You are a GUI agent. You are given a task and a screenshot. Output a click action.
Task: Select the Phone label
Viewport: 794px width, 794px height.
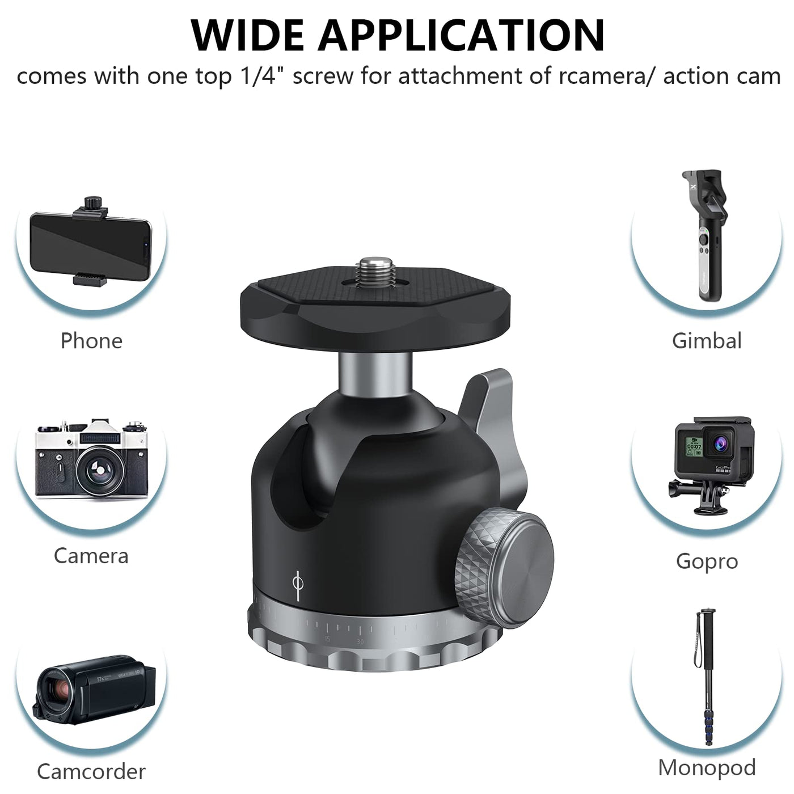pos(91,341)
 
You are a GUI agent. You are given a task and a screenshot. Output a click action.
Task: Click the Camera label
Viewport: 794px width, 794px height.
pos(91,556)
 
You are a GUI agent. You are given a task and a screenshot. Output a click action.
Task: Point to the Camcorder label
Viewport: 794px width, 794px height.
pos(91,771)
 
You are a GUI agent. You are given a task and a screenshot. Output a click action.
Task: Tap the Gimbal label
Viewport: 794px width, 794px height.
pos(707,341)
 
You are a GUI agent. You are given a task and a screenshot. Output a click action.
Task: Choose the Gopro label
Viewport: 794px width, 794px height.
pos(707,562)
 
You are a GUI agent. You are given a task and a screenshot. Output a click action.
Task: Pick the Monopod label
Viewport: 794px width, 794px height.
pos(707,767)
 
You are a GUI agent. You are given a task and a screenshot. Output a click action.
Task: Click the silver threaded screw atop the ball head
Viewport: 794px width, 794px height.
pos(377,272)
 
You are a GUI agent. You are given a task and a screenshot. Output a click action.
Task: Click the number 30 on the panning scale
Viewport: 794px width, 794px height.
pos(360,642)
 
